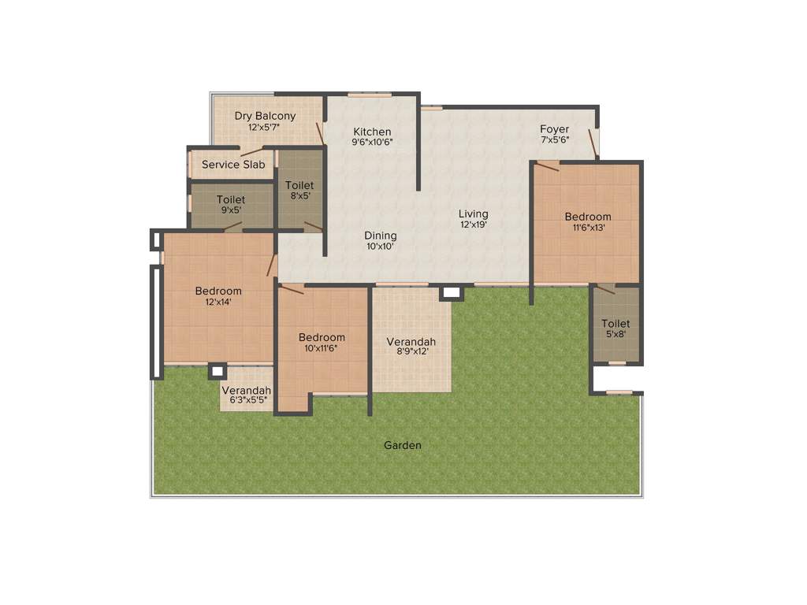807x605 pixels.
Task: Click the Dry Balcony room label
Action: pyautogui.click(x=265, y=116)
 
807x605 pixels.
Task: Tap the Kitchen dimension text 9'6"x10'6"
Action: pyautogui.click(x=372, y=143)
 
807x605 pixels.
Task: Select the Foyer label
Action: pyautogui.click(x=554, y=129)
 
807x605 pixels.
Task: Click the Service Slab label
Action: pyautogui.click(x=233, y=165)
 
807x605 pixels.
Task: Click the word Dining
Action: pyautogui.click(x=380, y=236)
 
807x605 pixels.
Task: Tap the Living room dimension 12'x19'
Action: pyautogui.click(x=474, y=225)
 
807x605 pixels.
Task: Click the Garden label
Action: pyautogui.click(x=403, y=445)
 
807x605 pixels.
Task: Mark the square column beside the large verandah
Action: pyautogui.click(x=451, y=293)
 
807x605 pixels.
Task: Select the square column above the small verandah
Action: pyautogui.click(x=217, y=370)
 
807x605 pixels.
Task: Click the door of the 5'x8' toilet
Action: pyautogui.click(x=604, y=288)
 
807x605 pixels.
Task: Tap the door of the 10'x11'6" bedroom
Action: pyautogui.click(x=292, y=289)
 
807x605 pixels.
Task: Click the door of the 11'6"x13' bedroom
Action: pyautogui.click(x=548, y=166)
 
